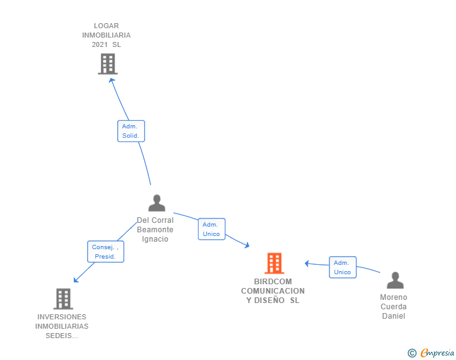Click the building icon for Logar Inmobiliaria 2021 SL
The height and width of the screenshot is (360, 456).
pyautogui.click(x=108, y=64)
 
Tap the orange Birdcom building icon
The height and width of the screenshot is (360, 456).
pyautogui.click(x=274, y=264)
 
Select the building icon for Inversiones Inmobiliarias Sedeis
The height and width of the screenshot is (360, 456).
pyautogui.click(x=63, y=299)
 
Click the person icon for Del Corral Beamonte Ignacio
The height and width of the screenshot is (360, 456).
pyautogui.click(x=157, y=203)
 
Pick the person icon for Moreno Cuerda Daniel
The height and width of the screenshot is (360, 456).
pyautogui.click(x=395, y=280)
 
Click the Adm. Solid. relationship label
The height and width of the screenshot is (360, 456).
pyautogui.click(x=131, y=131)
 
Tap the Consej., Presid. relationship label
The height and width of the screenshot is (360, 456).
pyautogui.click(x=105, y=252)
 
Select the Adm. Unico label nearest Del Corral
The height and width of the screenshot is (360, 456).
pyautogui.click(x=211, y=229)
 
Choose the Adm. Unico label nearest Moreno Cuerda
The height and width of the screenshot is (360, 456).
pyautogui.click(x=343, y=267)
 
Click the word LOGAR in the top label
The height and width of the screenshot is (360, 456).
pyautogui.click(x=106, y=26)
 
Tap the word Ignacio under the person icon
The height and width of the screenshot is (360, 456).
pyautogui.click(x=155, y=239)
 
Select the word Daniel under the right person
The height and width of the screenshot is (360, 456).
pyautogui.click(x=393, y=316)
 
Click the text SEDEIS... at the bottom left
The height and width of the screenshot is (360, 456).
pyautogui.click(x=62, y=336)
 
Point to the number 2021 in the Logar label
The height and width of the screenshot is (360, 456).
pyautogui.click(x=100, y=45)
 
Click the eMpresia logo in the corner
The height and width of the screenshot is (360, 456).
pyautogui.click(x=437, y=353)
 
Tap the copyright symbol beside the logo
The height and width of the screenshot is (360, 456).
pyautogui.click(x=412, y=354)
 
